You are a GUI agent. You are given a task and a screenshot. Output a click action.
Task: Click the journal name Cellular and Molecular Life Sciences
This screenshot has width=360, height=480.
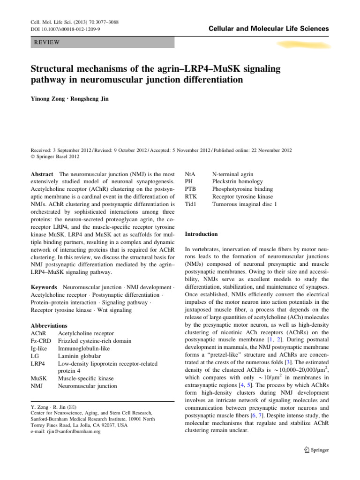(269, 29)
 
